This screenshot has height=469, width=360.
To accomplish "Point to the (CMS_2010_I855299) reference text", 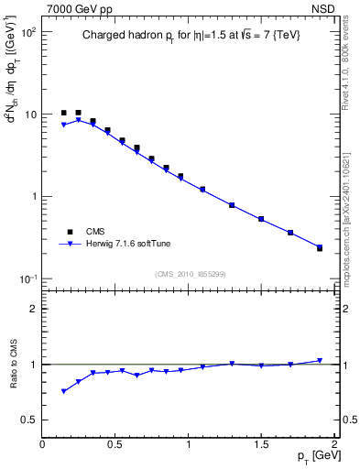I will click(x=190, y=274).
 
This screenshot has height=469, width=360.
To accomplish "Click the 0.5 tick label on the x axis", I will click(x=115, y=444).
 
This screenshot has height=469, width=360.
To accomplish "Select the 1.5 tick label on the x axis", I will click(x=261, y=444).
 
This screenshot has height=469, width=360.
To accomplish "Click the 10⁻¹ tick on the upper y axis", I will click(x=27, y=278).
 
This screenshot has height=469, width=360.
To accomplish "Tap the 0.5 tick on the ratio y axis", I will click(x=29, y=420).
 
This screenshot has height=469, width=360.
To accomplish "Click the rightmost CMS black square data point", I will click(x=320, y=248).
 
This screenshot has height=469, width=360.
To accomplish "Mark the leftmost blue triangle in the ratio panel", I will click(x=63, y=391).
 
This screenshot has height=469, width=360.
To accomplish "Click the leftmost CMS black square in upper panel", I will click(x=63, y=113).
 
